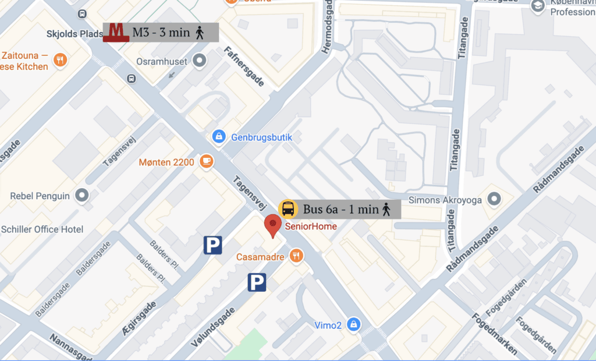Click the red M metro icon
(116, 32)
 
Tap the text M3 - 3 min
(161, 33)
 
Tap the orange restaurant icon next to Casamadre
(297, 256)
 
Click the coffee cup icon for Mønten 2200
(205, 161)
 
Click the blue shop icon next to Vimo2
(353, 324)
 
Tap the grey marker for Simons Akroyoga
(495, 199)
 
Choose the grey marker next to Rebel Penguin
(83, 196)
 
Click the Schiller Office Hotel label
(42, 229)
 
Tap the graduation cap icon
(538, 5)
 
